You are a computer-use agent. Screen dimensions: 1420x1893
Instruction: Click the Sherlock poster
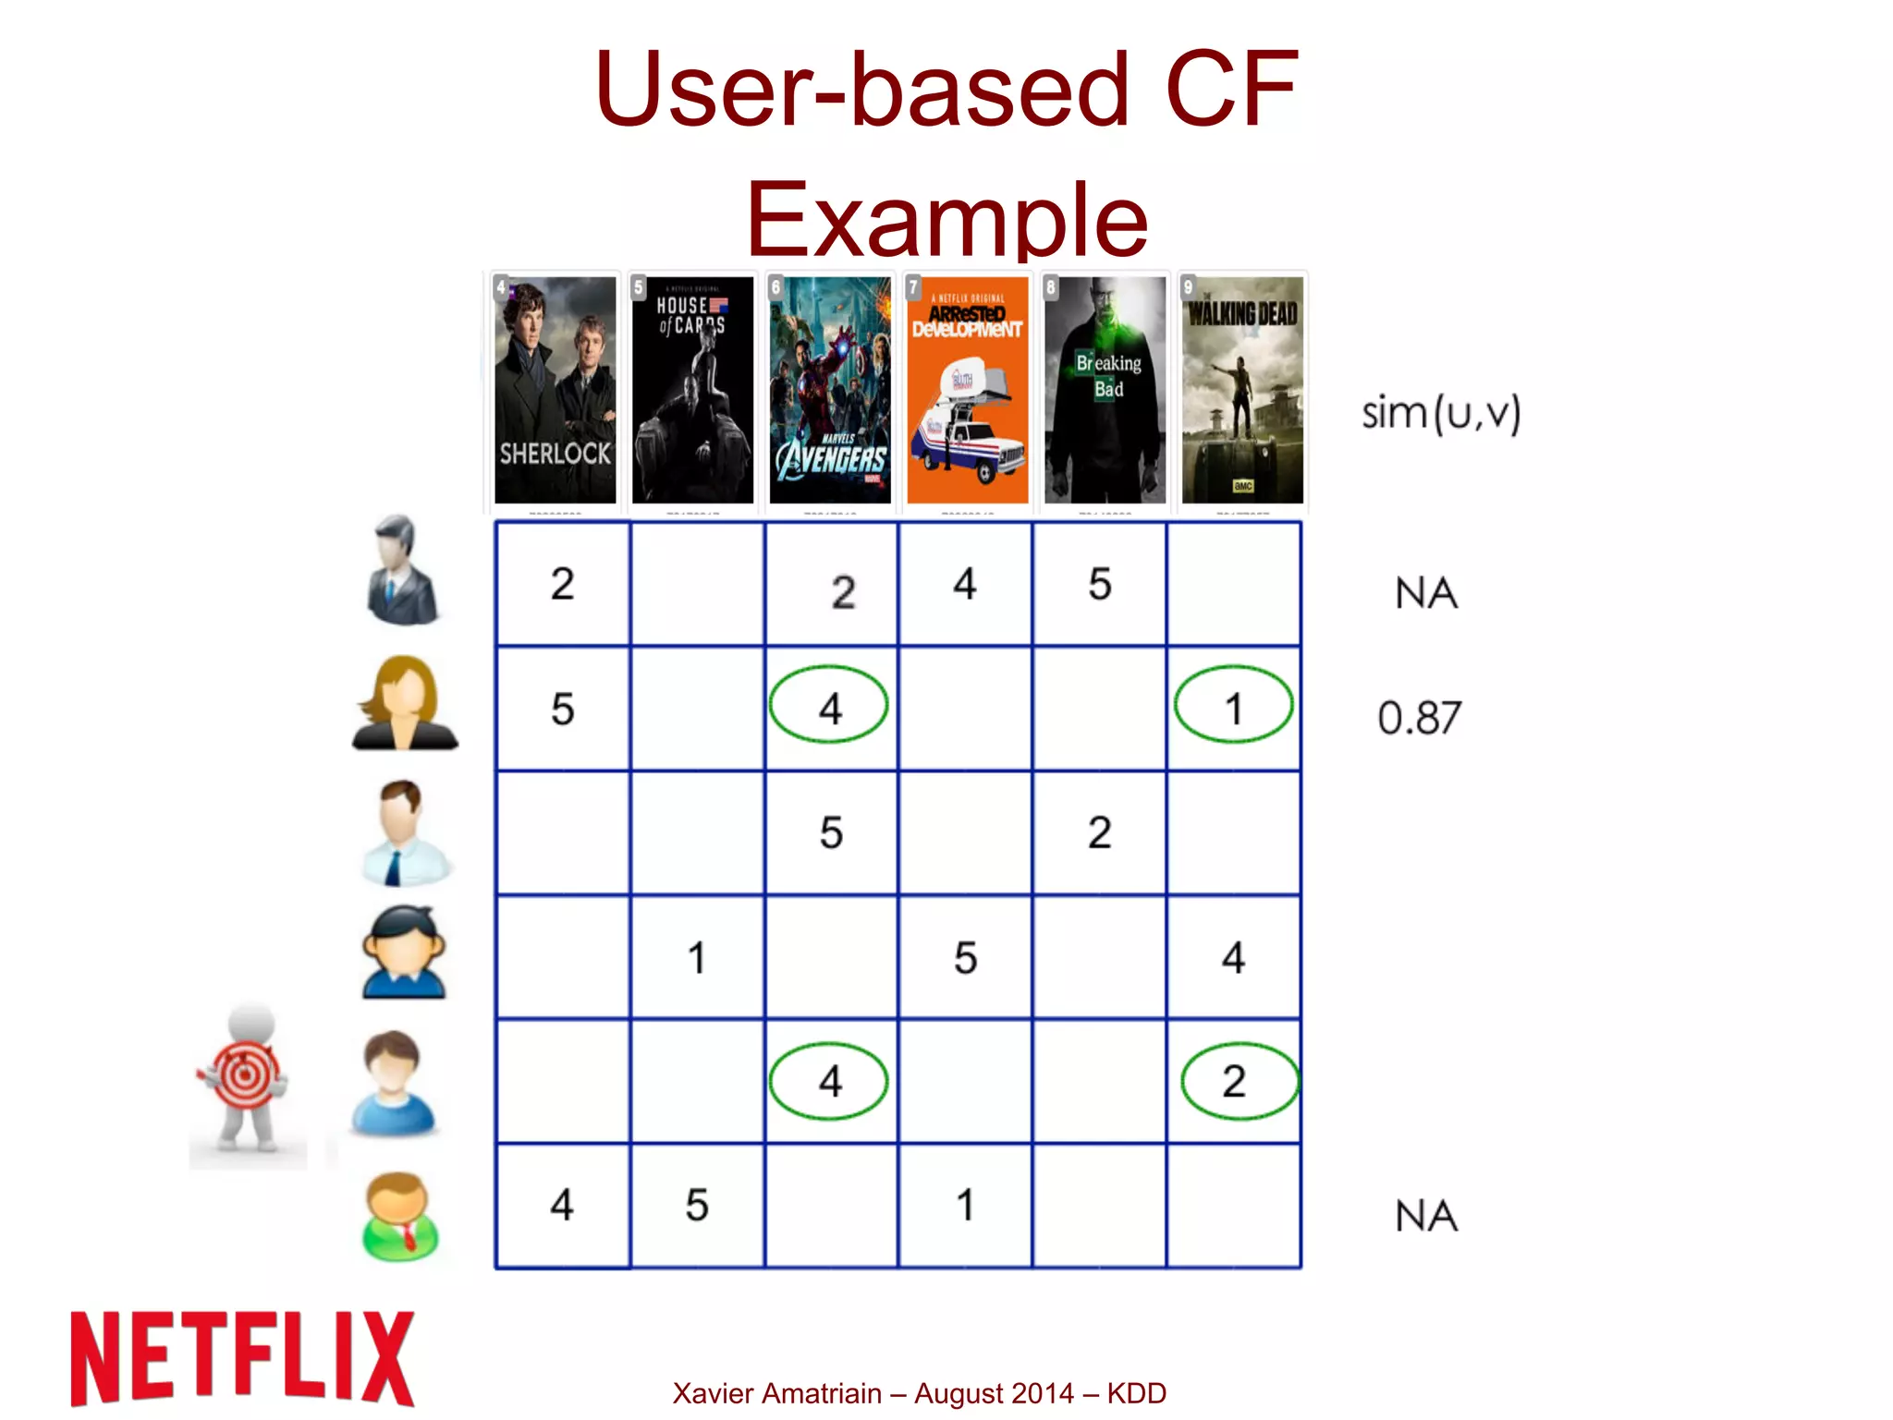click(555, 390)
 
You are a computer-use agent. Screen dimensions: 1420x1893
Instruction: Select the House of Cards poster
click(692, 390)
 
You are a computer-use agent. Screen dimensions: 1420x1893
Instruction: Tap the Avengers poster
click(830, 390)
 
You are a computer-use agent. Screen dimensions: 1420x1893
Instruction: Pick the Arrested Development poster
click(967, 390)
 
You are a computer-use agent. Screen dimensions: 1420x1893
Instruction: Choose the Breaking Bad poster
click(1105, 390)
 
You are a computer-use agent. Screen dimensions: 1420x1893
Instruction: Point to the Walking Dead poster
click(1242, 390)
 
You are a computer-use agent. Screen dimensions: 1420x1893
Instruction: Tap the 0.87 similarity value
click(1420, 718)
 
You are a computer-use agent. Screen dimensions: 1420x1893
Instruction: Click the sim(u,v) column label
click(1440, 413)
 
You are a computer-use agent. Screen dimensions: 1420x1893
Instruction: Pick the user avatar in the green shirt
click(400, 1215)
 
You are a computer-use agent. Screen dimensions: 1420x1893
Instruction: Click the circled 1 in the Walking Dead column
click(1233, 709)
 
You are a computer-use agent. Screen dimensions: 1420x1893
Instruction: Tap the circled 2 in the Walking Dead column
click(1235, 1081)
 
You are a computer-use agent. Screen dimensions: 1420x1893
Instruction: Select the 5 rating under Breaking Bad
click(1100, 584)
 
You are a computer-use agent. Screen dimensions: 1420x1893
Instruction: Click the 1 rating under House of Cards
click(697, 958)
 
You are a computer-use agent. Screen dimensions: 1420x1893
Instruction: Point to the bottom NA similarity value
click(1426, 1216)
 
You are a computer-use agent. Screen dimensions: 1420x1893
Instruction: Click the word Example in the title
click(946, 220)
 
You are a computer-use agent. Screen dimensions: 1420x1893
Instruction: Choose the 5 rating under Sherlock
click(562, 710)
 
